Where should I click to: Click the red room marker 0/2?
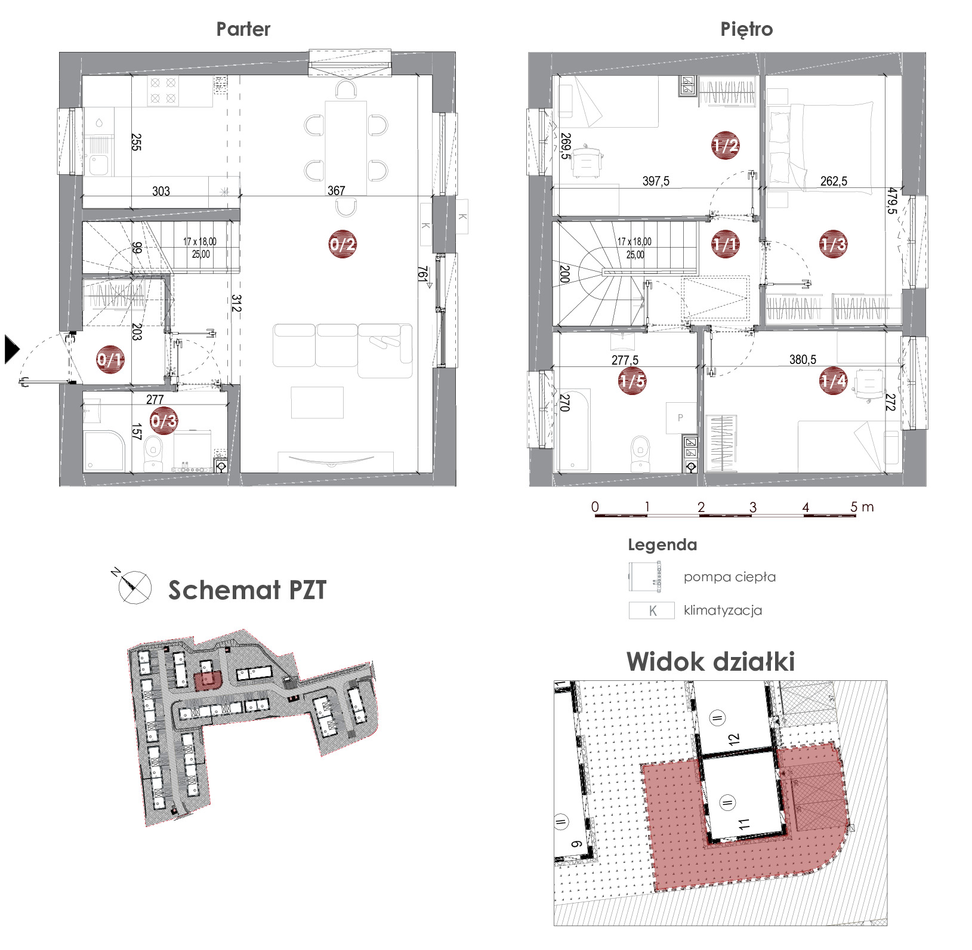[x=342, y=243]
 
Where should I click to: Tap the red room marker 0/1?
[x=110, y=359]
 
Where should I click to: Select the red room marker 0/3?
[x=164, y=421]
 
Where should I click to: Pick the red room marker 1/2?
[x=726, y=145]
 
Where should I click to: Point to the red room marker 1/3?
[x=833, y=243]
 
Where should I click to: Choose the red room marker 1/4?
[x=834, y=380]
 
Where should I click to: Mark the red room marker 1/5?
[x=632, y=381]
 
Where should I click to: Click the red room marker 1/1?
[x=726, y=243]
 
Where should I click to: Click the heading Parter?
[x=243, y=29]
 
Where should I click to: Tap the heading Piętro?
[x=746, y=29]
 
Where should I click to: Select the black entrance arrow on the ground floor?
[x=12, y=349]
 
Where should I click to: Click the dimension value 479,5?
[x=892, y=202]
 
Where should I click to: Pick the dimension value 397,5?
[x=656, y=181]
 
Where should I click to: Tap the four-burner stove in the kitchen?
[x=163, y=91]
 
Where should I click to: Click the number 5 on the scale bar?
[x=854, y=507]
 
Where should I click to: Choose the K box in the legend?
[x=652, y=610]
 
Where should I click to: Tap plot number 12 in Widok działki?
[x=734, y=738]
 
